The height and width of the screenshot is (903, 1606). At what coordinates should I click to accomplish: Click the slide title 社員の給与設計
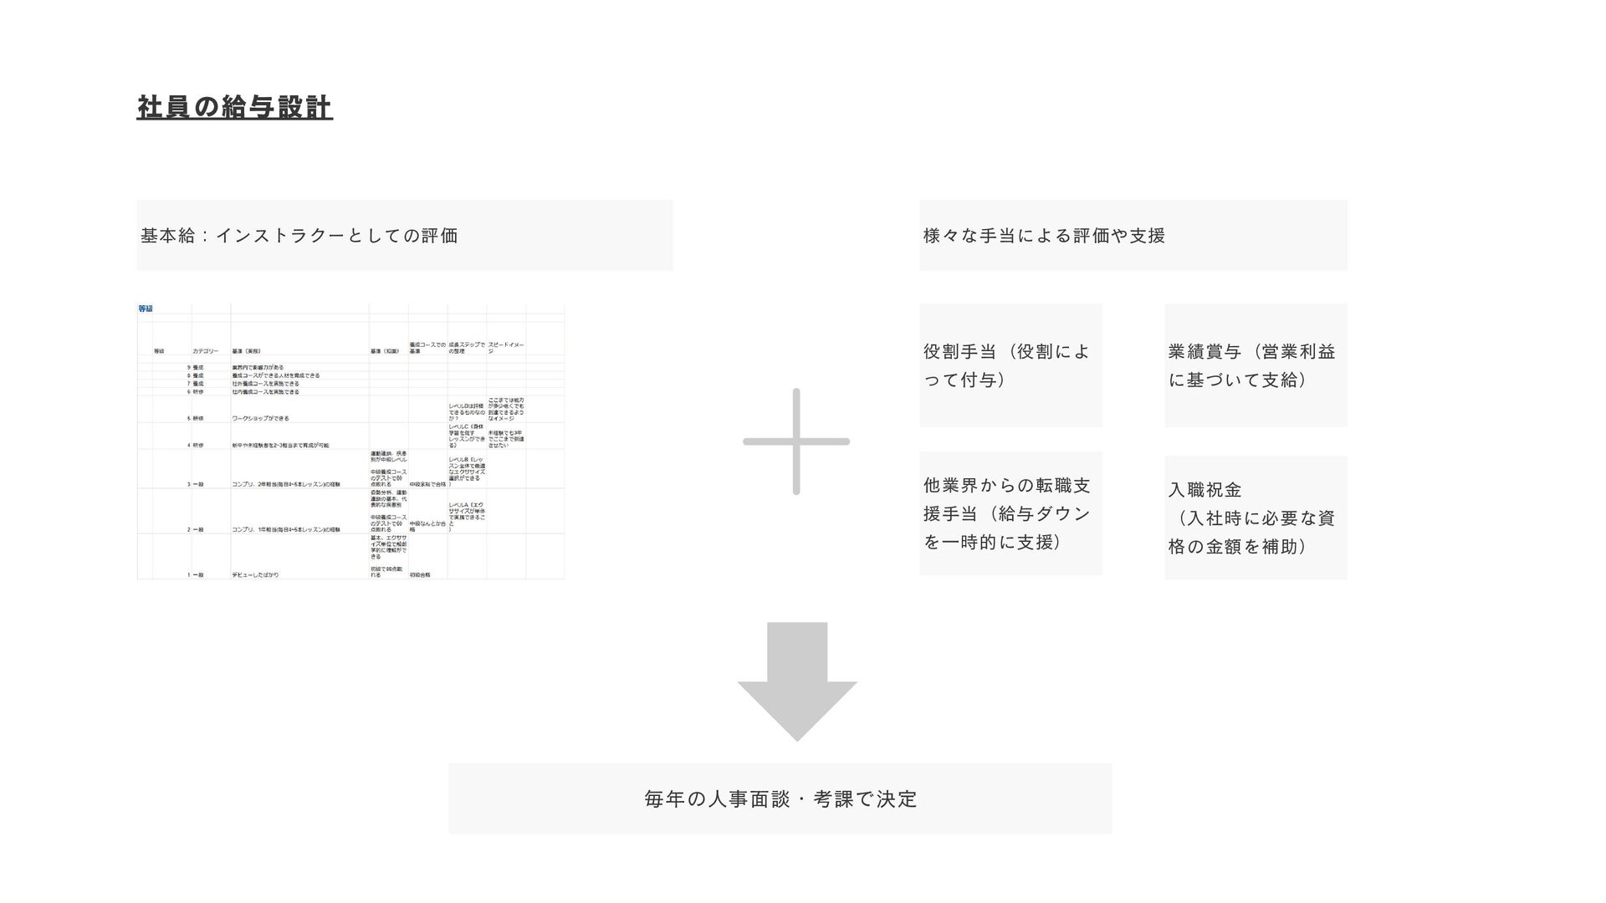point(234,107)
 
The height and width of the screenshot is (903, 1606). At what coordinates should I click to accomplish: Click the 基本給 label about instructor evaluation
point(299,236)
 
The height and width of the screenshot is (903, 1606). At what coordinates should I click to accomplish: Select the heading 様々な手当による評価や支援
point(1044,236)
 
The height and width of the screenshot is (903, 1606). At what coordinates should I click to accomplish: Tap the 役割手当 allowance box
point(1010,365)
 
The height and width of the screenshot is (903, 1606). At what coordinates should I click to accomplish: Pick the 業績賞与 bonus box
point(1255,365)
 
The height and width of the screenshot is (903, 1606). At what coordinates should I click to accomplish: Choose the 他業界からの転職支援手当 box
point(1010,513)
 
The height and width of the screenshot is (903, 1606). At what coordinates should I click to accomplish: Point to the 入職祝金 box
point(1255,518)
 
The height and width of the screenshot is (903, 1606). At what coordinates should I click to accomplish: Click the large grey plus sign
point(795,441)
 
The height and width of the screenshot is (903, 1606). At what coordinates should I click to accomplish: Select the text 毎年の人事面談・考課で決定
point(780,799)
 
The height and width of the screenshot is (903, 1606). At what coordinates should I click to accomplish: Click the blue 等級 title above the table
point(146,309)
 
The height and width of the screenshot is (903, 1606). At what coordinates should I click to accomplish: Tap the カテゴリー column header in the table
point(205,352)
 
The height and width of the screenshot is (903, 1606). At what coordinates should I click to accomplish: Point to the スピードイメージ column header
point(505,348)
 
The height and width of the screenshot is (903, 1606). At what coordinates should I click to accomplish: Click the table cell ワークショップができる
point(260,418)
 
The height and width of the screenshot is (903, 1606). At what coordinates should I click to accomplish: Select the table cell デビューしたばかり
point(255,575)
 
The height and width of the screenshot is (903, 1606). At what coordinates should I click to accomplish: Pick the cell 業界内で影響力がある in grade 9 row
point(258,368)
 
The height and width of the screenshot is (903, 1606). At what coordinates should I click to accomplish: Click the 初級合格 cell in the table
point(420,575)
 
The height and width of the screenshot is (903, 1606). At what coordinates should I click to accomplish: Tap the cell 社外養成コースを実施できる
point(265,384)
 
